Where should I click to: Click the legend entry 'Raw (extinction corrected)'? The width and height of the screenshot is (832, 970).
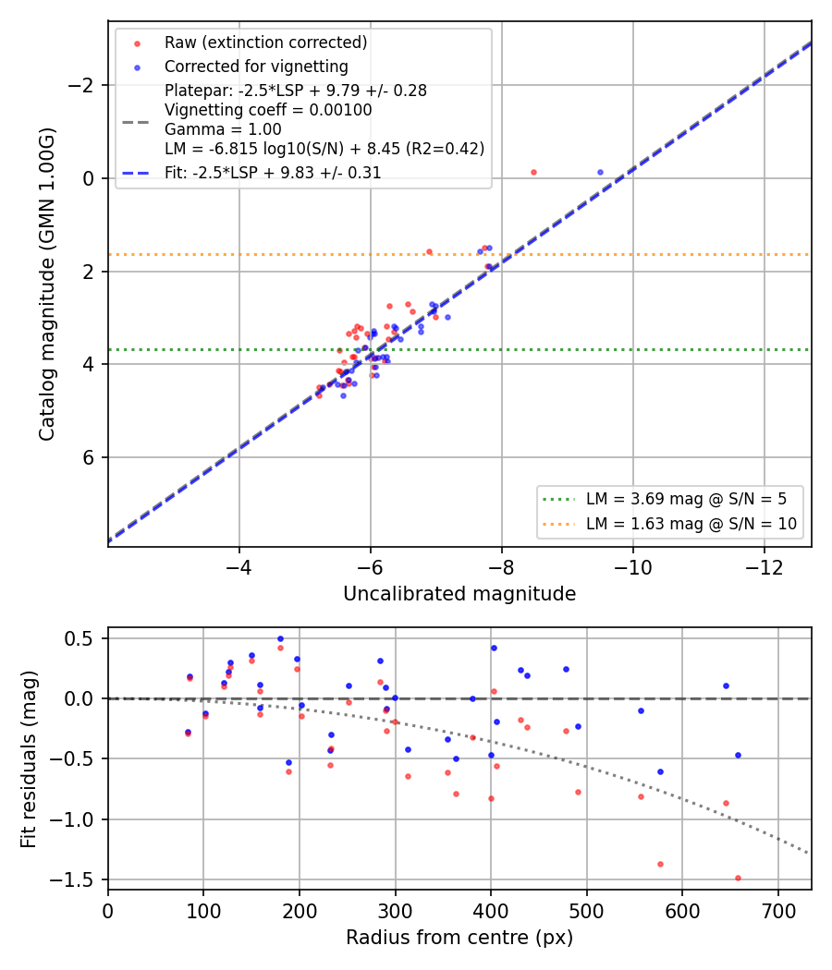pos(265,42)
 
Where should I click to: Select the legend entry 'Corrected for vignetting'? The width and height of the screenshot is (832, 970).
pos(256,67)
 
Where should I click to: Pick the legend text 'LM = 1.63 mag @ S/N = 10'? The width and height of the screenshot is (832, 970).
pos(691,524)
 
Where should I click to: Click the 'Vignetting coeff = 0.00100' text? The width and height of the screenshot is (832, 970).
pos(268,110)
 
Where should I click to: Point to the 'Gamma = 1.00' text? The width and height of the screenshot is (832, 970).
pos(223,129)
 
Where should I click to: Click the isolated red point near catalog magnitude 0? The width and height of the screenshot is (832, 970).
pos(533,173)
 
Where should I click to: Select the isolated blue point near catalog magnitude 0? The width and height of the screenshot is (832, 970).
pos(600,173)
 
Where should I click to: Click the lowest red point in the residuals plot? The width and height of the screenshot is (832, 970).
pos(738,878)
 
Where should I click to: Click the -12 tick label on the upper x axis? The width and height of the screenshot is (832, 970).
pos(764,567)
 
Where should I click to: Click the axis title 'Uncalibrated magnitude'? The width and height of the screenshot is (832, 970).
pos(459,594)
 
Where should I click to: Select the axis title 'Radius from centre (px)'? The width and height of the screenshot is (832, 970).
pos(459,938)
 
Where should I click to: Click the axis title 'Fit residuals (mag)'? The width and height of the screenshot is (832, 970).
pos(29,759)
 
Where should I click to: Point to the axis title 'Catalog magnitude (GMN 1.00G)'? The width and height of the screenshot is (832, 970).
pos(47,284)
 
